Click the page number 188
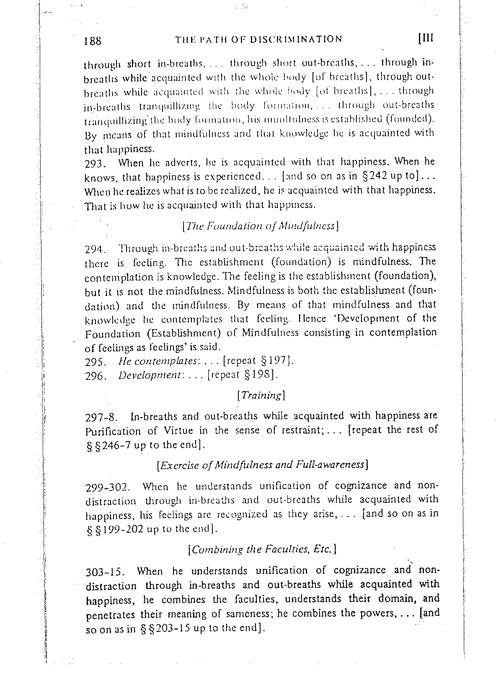click(93, 41)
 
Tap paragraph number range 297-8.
click(101, 418)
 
